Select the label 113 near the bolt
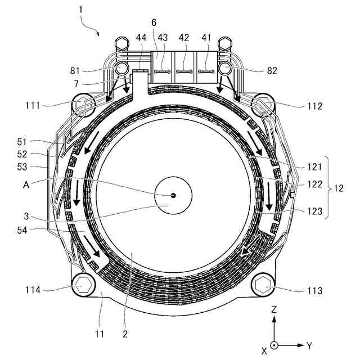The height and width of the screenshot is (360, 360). click(315, 291)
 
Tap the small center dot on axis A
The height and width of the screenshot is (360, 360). click(173, 195)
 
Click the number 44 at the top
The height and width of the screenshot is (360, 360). click(141, 38)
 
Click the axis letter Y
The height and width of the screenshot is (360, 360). click(309, 345)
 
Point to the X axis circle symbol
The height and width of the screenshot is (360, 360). click(273, 345)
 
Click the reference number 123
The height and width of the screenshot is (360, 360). click(315, 212)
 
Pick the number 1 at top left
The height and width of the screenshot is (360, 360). click(82, 10)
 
